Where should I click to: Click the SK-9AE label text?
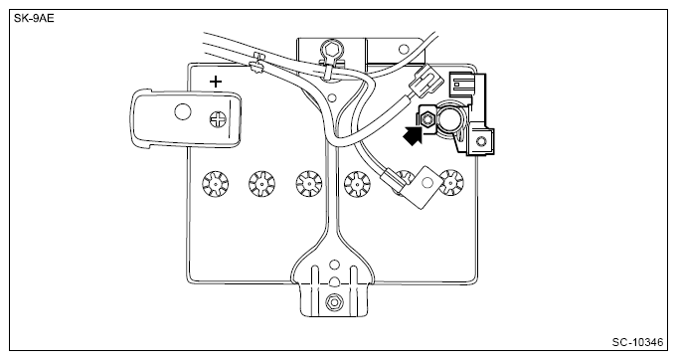(x=34, y=19)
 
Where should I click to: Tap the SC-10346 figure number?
(x=637, y=342)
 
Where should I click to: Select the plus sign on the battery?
(x=216, y=82)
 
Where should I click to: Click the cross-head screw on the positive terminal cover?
(x=218, y=119)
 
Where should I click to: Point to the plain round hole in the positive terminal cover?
(x=183, y=111)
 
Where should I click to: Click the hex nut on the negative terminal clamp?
(x=427, y=117)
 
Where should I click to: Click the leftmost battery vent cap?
(x=215, y=183)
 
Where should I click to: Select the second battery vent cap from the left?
(x=261, y=183)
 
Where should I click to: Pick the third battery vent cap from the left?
(x=309, y=183)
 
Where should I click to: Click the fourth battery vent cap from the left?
(x=357, y=183)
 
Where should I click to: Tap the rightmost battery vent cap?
(x=451, y=182)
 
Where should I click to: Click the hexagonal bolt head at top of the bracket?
(x=329, y=48)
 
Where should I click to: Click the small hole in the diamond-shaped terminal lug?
(x=426, y=183)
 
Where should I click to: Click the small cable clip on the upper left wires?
(x=256, y=63)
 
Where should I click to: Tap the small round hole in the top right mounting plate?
(x=404, y=49)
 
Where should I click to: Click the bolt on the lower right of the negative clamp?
(x=480, y=141)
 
